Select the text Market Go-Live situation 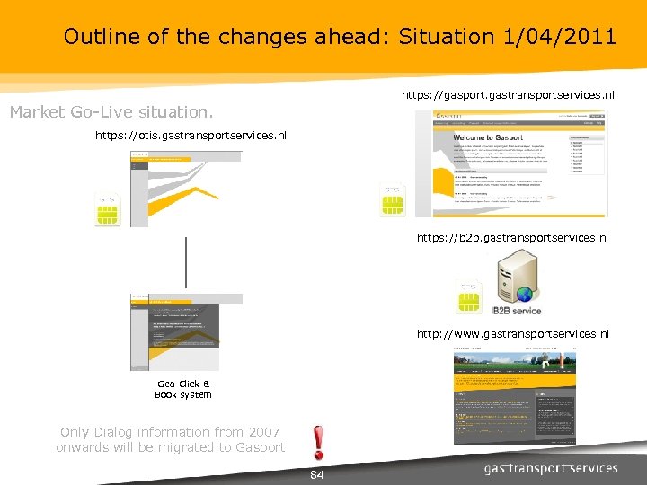[111, 112]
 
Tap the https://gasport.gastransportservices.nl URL [508, 94]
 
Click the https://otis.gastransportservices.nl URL [191, 136]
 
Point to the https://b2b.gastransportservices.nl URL [512, 238]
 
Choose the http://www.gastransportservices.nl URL [512, 334]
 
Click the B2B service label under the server [517, 310]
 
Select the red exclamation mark [317, 442]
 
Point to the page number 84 [316, 474]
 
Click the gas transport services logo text [551, 468]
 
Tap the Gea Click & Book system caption [183, 389]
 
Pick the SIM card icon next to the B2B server [468, 297]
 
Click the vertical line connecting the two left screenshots [186, 263]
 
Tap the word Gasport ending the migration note [261, 447]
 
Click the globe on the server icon [525, 294]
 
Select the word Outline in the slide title [94, 37]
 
